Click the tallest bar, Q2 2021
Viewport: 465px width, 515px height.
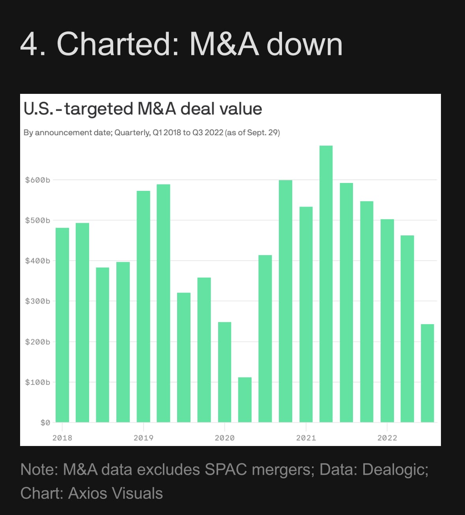pyautogui.click(x=326, y=284)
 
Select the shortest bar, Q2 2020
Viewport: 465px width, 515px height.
pyautogui.click(x=245, y=400)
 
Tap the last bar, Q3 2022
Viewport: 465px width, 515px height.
pyautogui.click(x=428, y=373)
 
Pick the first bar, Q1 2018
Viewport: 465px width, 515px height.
pyautogui.click(x=62, y=325)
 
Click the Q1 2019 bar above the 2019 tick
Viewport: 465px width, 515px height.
pyautogui.click(x=144, y=306)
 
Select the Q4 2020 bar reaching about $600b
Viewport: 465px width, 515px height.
pyautogui.click(x=286, y=301)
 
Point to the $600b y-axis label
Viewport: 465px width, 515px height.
pyautogui.click(x=37, y=180)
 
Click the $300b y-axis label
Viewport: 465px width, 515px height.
pyautogui.click(x=37, y=301)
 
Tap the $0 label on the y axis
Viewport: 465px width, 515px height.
pyautogui.click(x=45, y=423)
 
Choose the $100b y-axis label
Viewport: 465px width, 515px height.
pyautogui.click(x=37, y=382)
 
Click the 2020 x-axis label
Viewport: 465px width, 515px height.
pyautogui.click(x=224, y=438)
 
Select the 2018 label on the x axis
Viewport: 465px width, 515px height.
pyautogui.click(x=62, y=438)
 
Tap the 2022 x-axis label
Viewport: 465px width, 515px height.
pyautogui.click(x=387, y=438)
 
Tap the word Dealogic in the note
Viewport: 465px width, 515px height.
pyautogui.click(x=393, y=470)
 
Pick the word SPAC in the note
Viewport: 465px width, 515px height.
pyautogui.click(x=226, y=470)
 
